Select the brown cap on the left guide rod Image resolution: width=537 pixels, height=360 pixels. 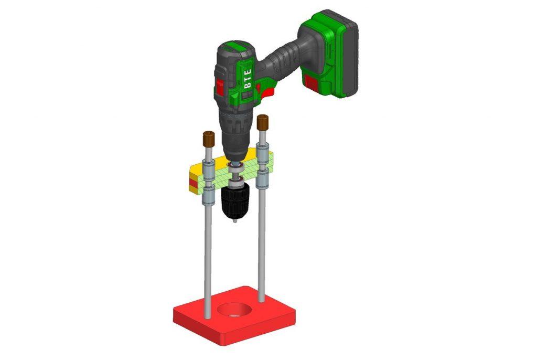(208, 139)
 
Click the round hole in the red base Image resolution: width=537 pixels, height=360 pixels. (235, 310)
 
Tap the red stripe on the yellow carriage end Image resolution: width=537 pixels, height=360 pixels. (192, 183)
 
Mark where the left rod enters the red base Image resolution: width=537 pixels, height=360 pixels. (208, 314)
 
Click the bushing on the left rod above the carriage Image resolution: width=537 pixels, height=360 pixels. (208, 169)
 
